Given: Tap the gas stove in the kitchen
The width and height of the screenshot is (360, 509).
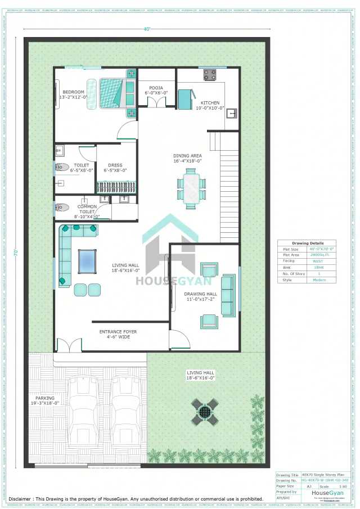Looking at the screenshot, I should (210, 74).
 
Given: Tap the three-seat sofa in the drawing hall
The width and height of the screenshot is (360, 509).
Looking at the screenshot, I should (228, 295).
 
